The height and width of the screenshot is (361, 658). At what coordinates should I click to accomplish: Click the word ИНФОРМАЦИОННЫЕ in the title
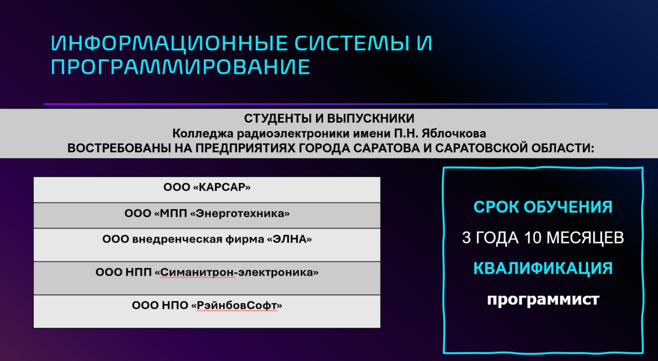coord(169,43)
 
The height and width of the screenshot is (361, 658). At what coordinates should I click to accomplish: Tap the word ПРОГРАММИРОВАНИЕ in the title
coord(180,67)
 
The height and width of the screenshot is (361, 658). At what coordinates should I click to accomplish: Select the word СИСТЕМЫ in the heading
coord(351,43)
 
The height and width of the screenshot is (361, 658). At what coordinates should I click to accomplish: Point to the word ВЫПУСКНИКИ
coord(371,118)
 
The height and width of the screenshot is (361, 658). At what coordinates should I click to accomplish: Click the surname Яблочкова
coord(454,134)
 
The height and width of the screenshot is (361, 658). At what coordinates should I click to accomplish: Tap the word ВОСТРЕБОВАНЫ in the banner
coord(119,148)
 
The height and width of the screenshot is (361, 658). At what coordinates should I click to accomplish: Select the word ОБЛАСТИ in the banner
coord(562,148)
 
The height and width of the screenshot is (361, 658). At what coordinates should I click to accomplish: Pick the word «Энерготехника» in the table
coord(240,214)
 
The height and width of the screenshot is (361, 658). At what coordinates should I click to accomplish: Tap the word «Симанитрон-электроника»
coord(236,272)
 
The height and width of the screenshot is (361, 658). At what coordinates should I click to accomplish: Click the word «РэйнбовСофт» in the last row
coord(236,306)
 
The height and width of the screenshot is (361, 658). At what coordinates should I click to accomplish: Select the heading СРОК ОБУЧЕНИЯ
coord(543,207)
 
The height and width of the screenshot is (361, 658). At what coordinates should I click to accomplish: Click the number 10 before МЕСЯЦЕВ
coord(532,237)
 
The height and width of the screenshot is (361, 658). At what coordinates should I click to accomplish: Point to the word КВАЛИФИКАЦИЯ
coord(543,268)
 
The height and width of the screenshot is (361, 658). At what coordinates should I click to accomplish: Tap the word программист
coord(543,300)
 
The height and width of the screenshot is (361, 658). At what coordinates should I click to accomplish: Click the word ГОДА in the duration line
coord(497,238)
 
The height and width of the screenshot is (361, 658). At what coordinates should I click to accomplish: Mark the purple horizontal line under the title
coord(325,104)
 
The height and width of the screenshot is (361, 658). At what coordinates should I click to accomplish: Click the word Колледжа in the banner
coord(203,134)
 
